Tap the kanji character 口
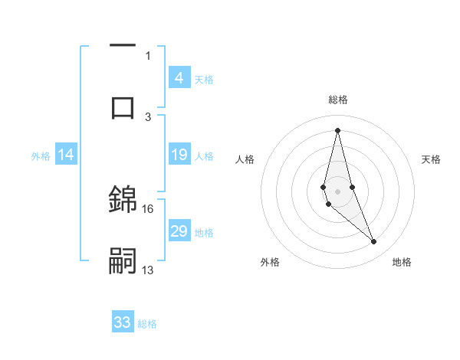point(123,106)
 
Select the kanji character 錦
point(123,199)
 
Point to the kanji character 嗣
point(123,260)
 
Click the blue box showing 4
point(179,77)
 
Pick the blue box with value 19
point(179,155)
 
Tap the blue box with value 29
point(179,231)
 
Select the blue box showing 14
point(66,155)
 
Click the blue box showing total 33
point(123,322)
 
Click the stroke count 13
point(148,270)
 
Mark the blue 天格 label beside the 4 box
point(204,79)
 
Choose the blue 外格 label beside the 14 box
point(41,155)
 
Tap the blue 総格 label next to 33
point(147,324)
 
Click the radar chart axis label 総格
point(337,100)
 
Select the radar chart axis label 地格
point(402,262)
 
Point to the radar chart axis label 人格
point(245,159)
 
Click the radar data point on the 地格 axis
point(374,242)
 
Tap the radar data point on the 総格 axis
point(337,129)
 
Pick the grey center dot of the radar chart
point(337,191)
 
